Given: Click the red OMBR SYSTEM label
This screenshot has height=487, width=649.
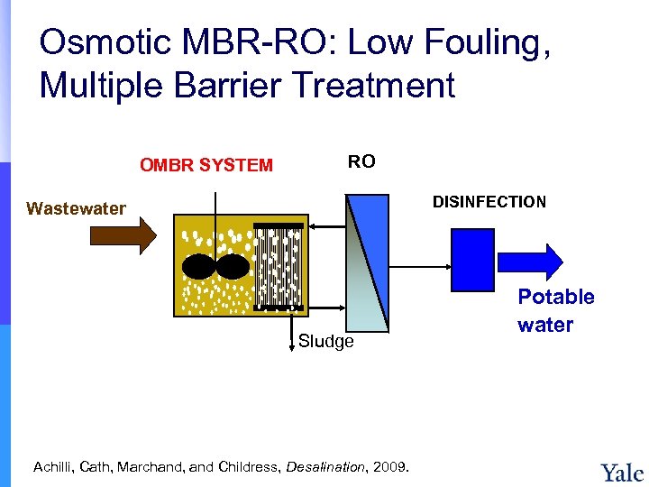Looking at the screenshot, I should pyautogui.click(x=206, y=165).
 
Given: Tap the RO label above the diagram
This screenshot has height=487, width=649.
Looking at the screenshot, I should pyautogui.click(x=361, y=161).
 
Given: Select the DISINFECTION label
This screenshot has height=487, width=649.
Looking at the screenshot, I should pyautogui.click(x=489, y=202).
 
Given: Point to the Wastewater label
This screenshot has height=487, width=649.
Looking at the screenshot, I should pyautogui.click(x=77, y=209).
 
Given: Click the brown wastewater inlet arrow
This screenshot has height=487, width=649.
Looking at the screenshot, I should pyautogui.click(x=123, y=236).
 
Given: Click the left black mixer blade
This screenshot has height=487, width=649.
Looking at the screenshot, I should pyautogui.click(x=198, y=267).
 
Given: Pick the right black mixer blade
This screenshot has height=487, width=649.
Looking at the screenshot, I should pyautogui.click(x=233, y=267).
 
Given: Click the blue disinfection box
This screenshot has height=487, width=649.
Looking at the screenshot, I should pyautogui.click(x=471, y=258).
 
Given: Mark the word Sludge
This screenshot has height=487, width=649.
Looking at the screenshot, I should pyautogui.click(x=326, y=342).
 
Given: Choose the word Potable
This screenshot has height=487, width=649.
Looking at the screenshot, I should pyautogui.click(x=556, y=297).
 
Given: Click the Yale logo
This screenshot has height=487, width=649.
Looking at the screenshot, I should pyautogui.click(x=621, y=473).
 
